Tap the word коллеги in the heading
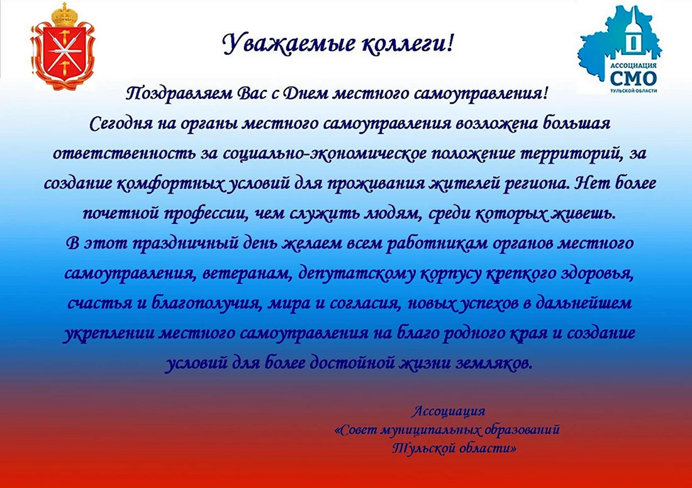(402, 44)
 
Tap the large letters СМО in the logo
(633, 78)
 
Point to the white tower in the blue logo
(633, 33)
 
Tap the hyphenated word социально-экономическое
(325, 153)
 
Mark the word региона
(535, 184)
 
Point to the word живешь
(581, 214)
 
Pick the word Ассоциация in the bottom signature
(449, 411)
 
